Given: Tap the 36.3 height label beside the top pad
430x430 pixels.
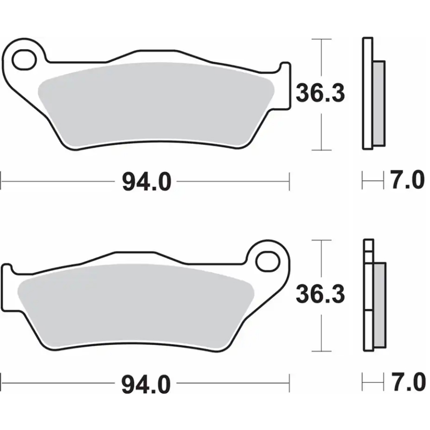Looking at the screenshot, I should [x=320, y=93].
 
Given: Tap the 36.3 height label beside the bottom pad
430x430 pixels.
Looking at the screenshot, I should [x=320, y=294].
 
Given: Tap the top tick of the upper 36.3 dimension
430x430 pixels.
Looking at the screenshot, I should [x=321, y=39].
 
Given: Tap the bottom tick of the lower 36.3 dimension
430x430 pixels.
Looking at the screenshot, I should [x=321, y=352].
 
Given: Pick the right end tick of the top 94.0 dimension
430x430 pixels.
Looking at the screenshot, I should [x=289, y=181].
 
